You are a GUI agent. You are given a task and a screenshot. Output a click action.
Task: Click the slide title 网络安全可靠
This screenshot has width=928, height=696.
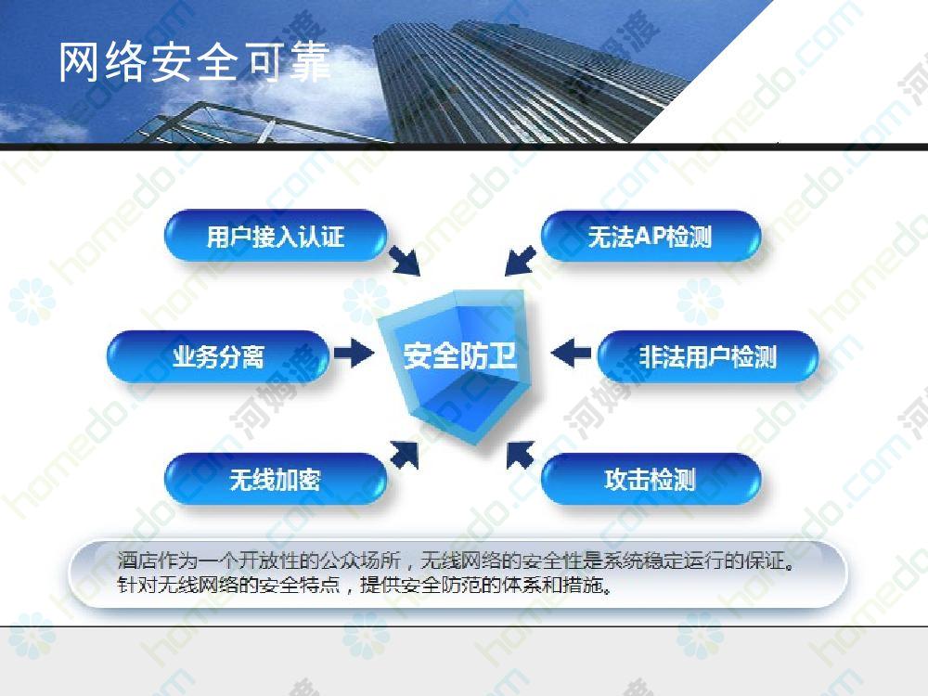tap(194, 62)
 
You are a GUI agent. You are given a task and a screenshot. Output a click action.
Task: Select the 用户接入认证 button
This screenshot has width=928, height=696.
tap(276, 236)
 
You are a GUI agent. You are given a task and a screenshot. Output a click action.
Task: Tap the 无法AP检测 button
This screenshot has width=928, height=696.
tap(650, 236)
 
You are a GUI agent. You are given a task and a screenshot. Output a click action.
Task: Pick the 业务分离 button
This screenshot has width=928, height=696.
tap(218, 357)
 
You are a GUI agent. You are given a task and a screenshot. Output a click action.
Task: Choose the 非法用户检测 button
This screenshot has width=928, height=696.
tap(708, 357)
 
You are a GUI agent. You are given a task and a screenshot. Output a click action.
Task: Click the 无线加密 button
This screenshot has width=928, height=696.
tap(276, 479)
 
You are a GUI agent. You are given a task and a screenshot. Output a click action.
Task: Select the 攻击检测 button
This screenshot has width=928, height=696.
tap(650, 479)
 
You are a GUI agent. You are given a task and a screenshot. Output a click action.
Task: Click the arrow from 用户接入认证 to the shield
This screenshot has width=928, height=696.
tap(405, 261)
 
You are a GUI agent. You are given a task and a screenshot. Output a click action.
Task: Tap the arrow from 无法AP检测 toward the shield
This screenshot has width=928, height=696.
tap(521, 261)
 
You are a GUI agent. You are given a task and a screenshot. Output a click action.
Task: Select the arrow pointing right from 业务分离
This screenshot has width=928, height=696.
tap(354, 354)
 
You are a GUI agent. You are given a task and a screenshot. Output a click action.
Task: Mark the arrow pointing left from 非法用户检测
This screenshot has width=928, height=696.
tap(571, 354)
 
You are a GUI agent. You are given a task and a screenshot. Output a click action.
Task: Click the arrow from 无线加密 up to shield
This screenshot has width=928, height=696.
tap(405, 455)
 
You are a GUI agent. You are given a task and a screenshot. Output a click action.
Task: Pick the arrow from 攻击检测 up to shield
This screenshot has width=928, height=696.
tap(521, 455)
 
